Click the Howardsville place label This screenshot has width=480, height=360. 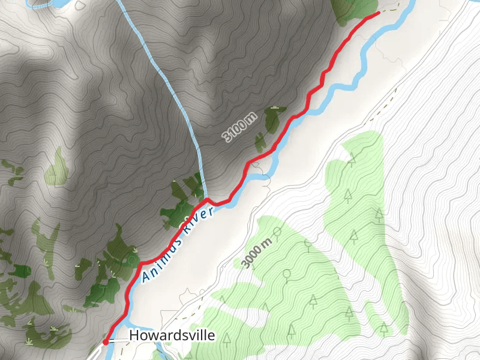click(172, 335)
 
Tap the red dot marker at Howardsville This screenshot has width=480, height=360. click(106, 341)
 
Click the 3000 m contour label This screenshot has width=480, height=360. click(256, 252)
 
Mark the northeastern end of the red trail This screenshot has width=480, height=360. click(377, 12)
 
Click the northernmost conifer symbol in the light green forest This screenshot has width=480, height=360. click(352, 158)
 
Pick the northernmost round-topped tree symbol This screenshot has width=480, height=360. click(277, 231)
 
